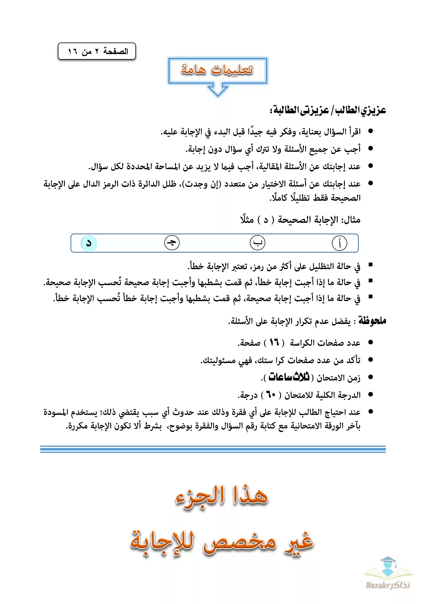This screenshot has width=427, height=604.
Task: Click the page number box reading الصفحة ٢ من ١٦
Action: click(x=97, y=51)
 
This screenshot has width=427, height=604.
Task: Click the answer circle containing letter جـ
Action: click(x=172, y=243)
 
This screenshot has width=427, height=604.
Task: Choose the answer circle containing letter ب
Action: click(x=257, y=243)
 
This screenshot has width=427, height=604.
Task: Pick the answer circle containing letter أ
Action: click(x=339, y=243)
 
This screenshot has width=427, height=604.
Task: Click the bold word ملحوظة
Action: click(x=372, y=321)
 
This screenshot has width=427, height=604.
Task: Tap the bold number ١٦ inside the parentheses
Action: click(x=274, y=342)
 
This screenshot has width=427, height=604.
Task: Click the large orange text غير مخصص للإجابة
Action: click(x=222, y=542)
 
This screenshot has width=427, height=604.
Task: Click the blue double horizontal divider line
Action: click(x=213, y=449)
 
